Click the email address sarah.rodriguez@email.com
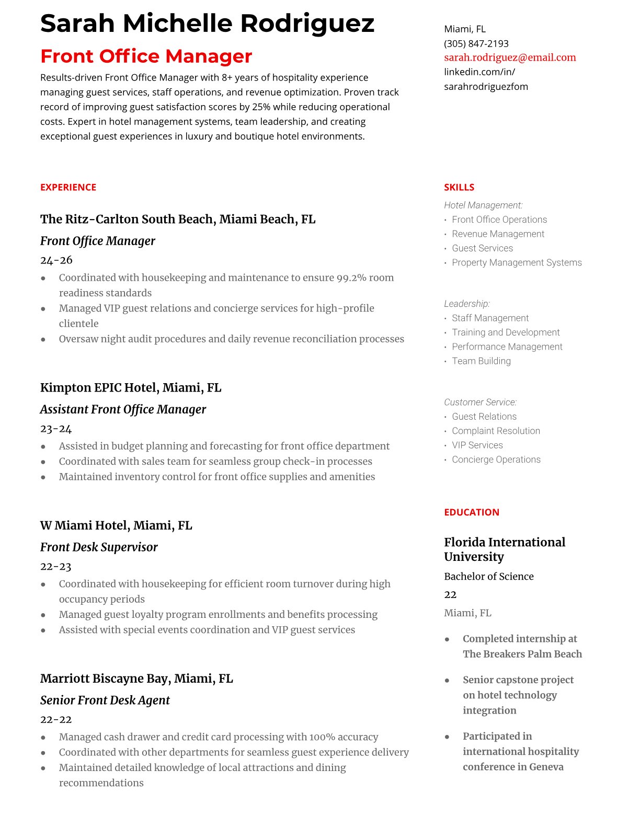tap(510, 57)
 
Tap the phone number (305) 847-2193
tap(476, 43)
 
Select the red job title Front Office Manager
tap(146, 56)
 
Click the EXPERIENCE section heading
tap(68, 187)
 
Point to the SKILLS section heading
tap(459, 187)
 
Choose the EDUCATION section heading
tap(471, 512)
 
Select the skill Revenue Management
tap(498, 234)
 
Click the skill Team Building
tap(481, 361)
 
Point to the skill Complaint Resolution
tap(496, 431)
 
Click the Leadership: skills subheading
tap(466, 304)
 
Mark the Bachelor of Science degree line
tap(488, 576)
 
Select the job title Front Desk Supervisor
tap(99, 547)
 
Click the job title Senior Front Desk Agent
tap(105, 700)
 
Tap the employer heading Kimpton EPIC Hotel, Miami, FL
tap(130, 387)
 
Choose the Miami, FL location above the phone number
tap(464, 29)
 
